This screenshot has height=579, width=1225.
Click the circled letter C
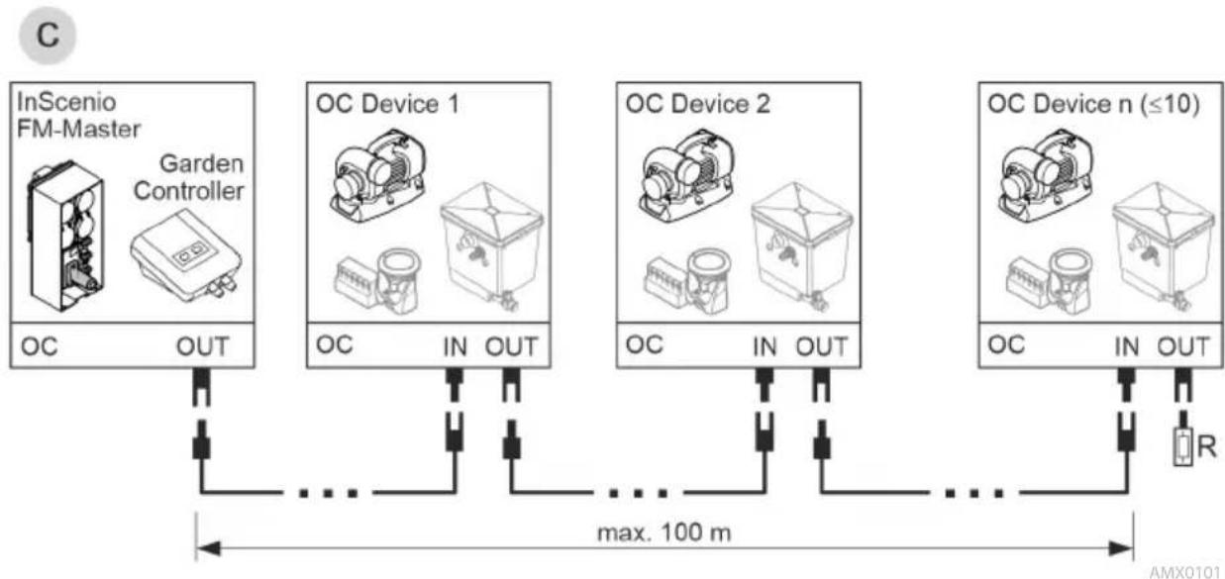48,35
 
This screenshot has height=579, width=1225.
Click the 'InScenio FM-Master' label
78,116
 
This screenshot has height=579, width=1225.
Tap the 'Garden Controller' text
189,177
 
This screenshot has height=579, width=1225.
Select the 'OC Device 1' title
387,104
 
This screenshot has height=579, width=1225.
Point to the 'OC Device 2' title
697,104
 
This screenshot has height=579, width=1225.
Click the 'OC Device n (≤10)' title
1093,104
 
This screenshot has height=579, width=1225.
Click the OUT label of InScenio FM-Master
202,346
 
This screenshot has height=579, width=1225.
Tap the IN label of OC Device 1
455,346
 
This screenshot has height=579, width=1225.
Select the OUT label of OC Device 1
512,346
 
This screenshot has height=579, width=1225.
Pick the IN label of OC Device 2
765,346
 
